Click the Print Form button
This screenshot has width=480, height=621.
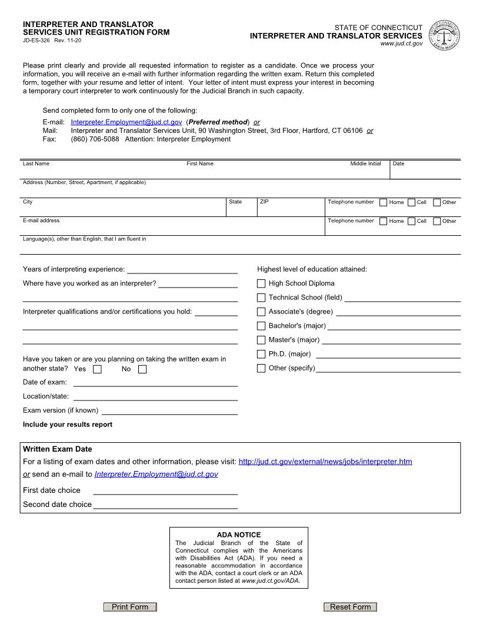click(x=130, y=607)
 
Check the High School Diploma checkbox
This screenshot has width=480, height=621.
click(x=261, y=283)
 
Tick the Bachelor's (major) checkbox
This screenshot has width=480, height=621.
click(x=261, y=326)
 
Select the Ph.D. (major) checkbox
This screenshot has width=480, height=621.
click(x=261, y=354)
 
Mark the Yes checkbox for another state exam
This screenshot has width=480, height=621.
click(x=98, y=369)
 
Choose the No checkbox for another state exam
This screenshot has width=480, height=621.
click(x=142, y=369)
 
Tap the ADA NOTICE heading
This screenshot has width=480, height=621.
click(x=239, y=535)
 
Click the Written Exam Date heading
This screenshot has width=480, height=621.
click(x=58, y=449)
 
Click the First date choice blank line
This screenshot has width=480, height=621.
click(x=165, y=491)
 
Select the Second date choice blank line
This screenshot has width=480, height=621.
click(x=165, y=505)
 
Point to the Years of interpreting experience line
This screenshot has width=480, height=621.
click(x=182, y=270)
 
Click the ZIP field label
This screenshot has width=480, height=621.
click(x=264, y=202)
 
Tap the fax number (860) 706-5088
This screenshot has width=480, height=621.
click(x=95, y=139)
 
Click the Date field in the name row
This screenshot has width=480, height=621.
click(x=425, y=171)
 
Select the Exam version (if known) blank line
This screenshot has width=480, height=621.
click(x=169, y=410)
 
